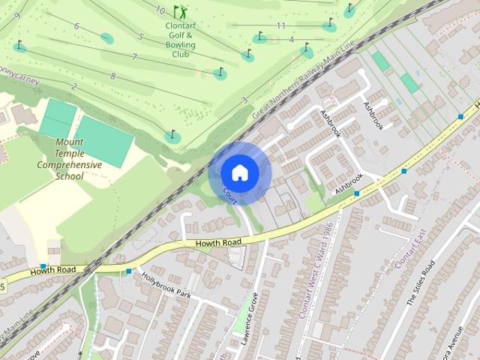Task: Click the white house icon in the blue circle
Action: tap(239, 172)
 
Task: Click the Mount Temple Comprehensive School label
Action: tap(69, 159)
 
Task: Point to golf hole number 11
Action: tap(281, 26)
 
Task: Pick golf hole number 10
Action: tap(160, 10)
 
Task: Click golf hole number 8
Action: tap(112, 76)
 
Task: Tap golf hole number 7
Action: tap(134, 57)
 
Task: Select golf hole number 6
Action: tap(76, 26)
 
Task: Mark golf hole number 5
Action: tap(140, 36)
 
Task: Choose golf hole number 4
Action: tap(291, 39)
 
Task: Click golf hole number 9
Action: tap(16, 15)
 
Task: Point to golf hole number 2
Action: tap(73, 86)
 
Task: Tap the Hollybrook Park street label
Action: tap(166, 285)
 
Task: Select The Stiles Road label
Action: tap(420, 286)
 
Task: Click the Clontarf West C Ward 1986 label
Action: tap(315, 270)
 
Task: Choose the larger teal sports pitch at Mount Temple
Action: tap(103, 141)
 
